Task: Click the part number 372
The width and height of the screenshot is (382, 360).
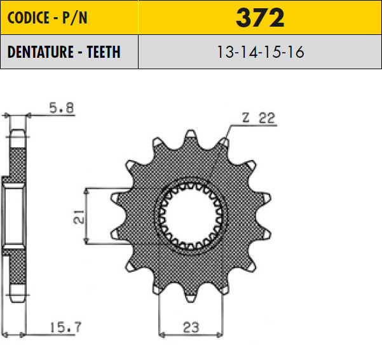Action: (x=260, y=18)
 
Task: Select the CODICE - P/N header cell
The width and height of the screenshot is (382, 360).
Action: (x=69, y=18)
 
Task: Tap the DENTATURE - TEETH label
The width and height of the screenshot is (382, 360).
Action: (x=64, y=52)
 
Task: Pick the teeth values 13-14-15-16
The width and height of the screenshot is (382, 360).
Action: (x=261, y=52)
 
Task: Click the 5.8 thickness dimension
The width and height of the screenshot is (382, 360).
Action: (x=62, y=108)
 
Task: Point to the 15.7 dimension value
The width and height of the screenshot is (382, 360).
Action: (x=65, y=328)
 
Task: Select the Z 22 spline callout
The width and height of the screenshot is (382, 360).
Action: (x=259, y=118)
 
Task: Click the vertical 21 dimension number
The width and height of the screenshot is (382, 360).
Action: (x=78, y=217)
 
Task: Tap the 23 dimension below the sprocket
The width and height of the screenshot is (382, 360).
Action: (x=191, y=328)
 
